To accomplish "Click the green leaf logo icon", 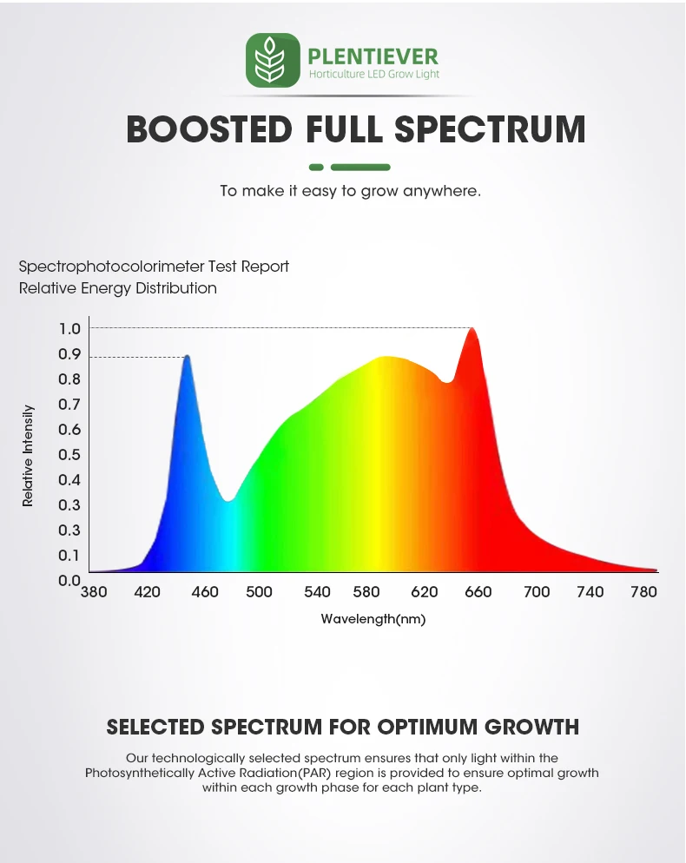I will tap(273, 60).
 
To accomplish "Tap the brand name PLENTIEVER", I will tap(373, 57).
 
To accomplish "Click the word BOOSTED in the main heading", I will tap(208, 128).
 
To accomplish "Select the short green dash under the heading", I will tap(316, 167).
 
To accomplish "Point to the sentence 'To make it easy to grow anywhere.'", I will tap(350, 191).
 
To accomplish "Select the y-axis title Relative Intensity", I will tap(28, 455).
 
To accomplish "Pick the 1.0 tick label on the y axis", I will tap(69, 328).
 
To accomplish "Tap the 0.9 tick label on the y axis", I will tap(69, 354).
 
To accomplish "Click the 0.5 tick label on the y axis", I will tap(69, 454).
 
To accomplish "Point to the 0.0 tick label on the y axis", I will tap(69, 580).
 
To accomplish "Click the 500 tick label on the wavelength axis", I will tap(259, 592).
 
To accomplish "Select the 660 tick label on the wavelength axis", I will tap(478, 592).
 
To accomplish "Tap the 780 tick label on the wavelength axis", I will tap(643, 592).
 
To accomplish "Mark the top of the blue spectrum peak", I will tap(186, 356).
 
